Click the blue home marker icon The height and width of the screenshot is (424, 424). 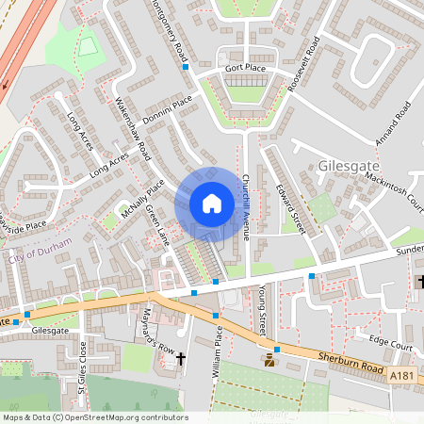[x=211, y=204]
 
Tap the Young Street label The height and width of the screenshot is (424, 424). [x=262, y=314]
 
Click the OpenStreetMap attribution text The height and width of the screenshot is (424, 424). [x=94, y=417]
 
